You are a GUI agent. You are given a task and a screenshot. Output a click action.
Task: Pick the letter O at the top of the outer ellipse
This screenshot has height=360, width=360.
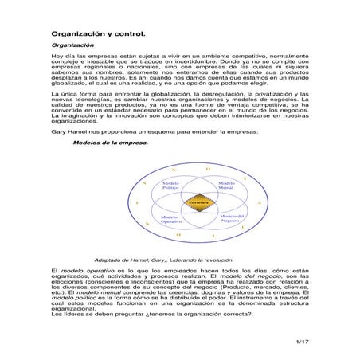[206, 169]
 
